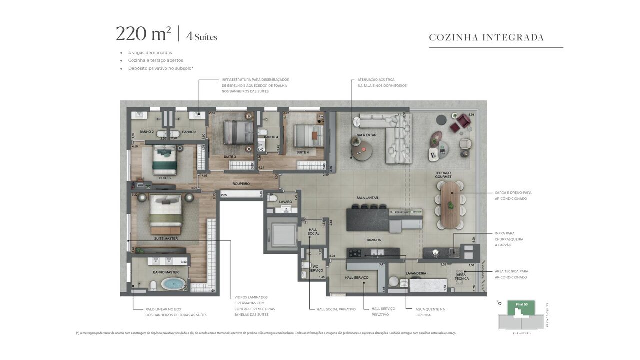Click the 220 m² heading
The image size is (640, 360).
point(143,34)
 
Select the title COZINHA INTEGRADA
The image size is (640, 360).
point(486,37)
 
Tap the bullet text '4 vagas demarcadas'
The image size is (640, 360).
point(150,52)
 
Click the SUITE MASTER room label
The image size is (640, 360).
point(166,238)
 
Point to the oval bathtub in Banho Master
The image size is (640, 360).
point(172,284)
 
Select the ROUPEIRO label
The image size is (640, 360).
point(241,183)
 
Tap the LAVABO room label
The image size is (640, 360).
point(285,202)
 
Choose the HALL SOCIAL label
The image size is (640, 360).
point(313,231)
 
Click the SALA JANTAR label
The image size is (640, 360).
point(367,198)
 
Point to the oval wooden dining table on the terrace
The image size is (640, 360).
point(451,204)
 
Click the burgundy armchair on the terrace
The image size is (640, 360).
point(463,122)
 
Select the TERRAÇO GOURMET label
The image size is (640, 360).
point(443,175)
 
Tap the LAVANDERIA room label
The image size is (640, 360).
point(416,273)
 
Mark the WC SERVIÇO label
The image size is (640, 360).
point(316,268)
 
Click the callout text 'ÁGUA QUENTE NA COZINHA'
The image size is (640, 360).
point(430,312)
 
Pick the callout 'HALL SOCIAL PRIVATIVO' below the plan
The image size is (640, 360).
point(336,309)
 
